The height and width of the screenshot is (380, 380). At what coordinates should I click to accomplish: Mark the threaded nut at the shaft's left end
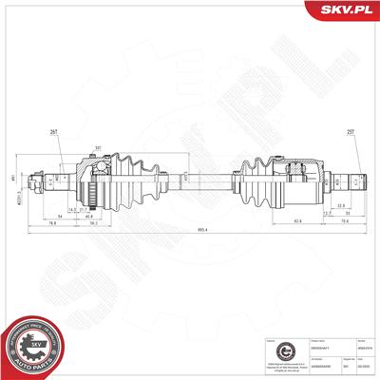(36, 178)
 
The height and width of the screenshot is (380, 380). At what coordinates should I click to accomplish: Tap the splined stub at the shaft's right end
(357, 178)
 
